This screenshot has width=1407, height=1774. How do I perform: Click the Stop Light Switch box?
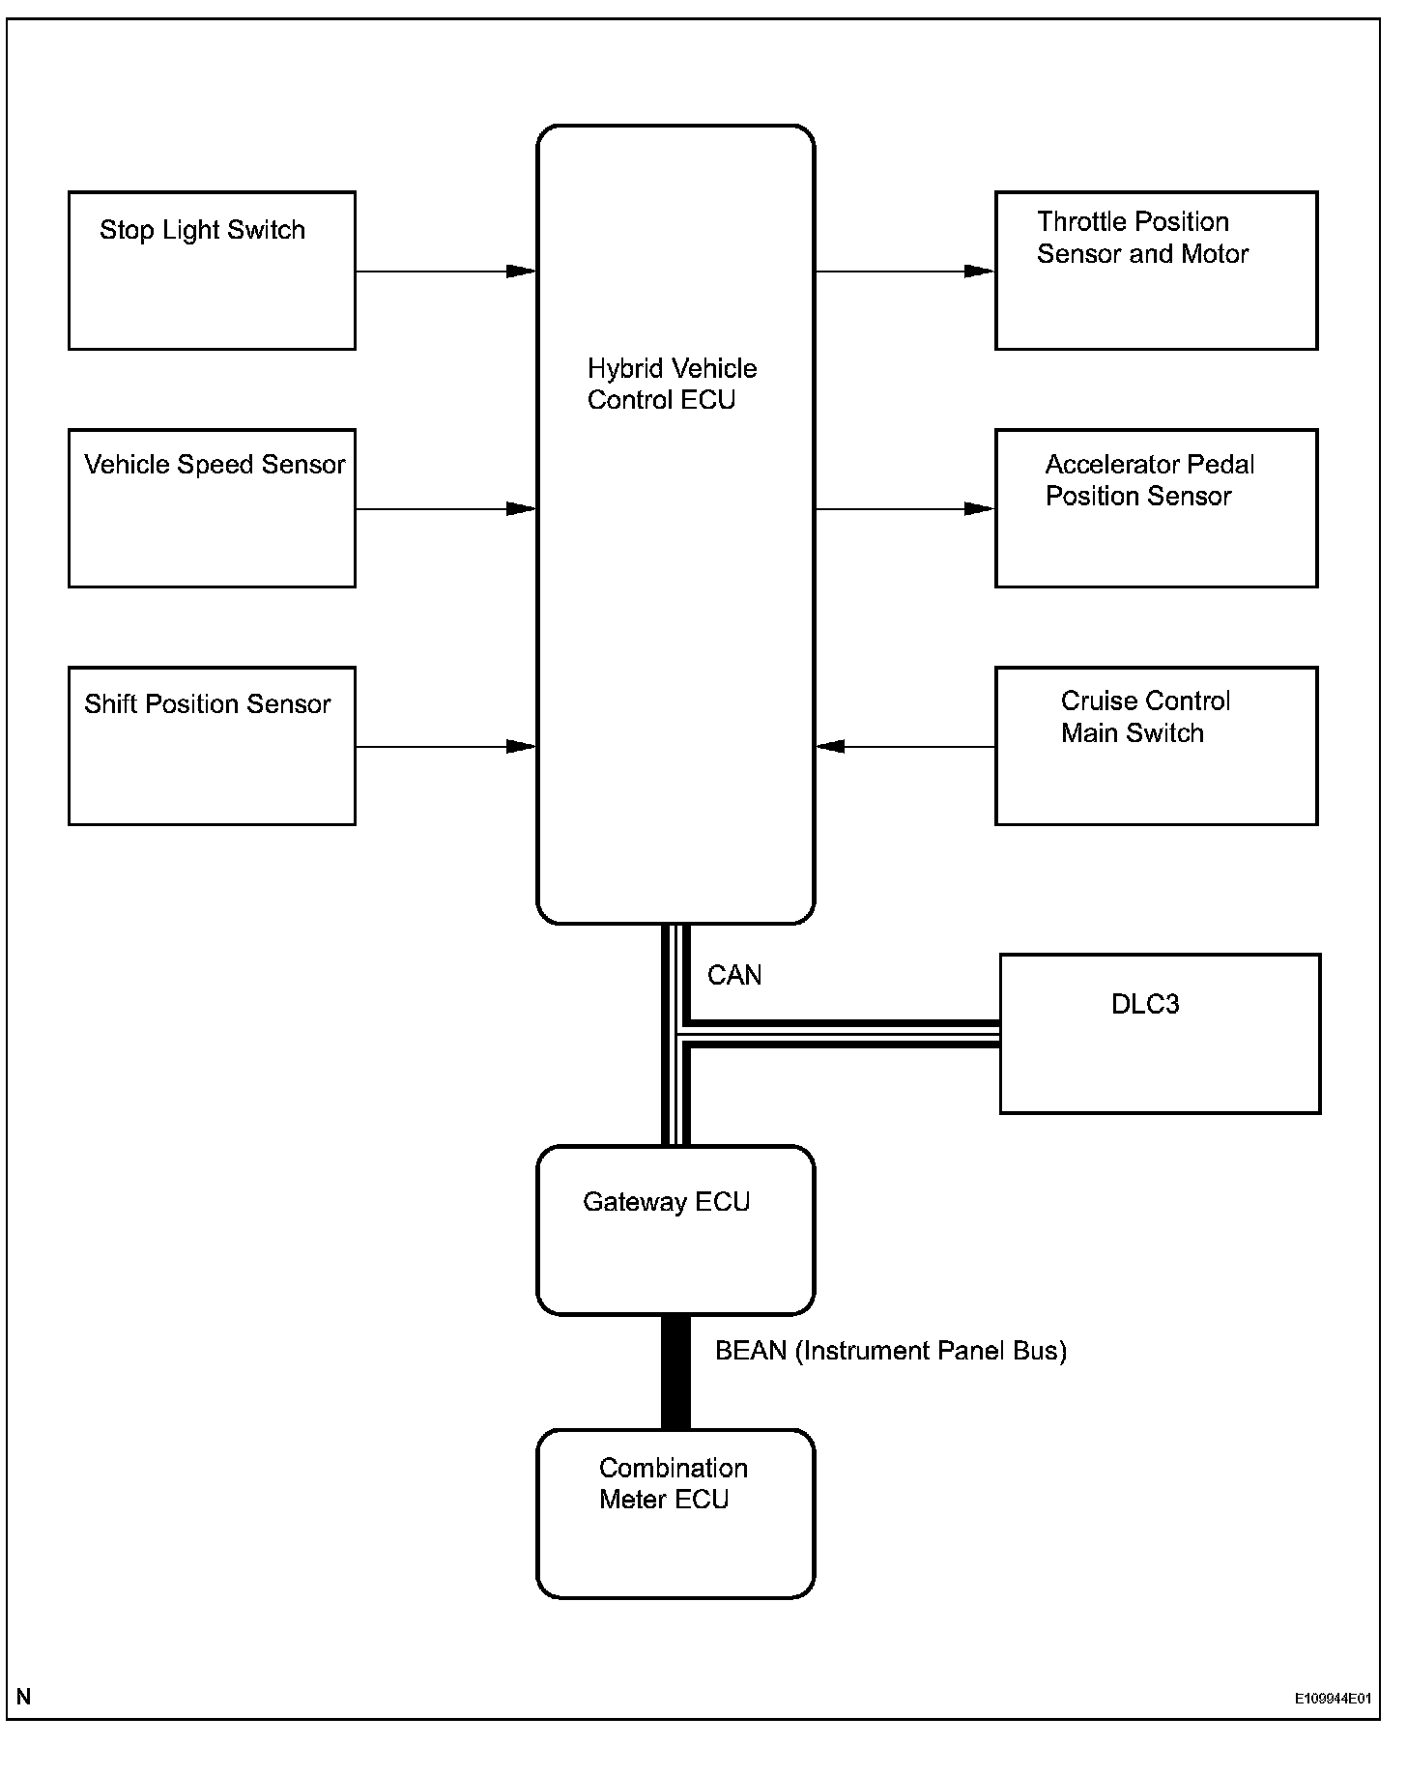212,271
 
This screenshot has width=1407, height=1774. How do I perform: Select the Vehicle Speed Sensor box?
212,508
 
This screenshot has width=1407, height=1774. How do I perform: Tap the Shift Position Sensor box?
212,746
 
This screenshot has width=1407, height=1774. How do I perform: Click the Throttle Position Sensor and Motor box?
1156,271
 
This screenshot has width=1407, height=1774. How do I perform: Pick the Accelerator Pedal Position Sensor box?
1156,508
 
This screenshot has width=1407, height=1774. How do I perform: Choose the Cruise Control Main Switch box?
1156,746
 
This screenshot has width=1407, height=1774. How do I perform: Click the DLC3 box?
1160,1034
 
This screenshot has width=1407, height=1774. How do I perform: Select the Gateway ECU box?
675,1230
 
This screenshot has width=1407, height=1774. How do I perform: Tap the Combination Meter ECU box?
675,1514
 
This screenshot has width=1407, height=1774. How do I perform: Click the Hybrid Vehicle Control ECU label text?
672,385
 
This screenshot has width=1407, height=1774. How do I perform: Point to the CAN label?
734,976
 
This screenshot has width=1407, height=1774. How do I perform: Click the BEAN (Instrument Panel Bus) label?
890,1351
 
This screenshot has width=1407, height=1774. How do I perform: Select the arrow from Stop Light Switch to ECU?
445,272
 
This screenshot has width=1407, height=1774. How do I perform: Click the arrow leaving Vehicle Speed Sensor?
445,509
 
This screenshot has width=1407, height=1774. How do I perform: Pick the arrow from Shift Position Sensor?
445,747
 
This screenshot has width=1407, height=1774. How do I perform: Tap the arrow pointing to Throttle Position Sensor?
904,272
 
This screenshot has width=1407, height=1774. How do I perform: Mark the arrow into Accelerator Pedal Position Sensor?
904,509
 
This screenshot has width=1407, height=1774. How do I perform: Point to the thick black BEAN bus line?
675,1372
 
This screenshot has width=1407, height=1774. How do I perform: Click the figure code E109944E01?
1333,1699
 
